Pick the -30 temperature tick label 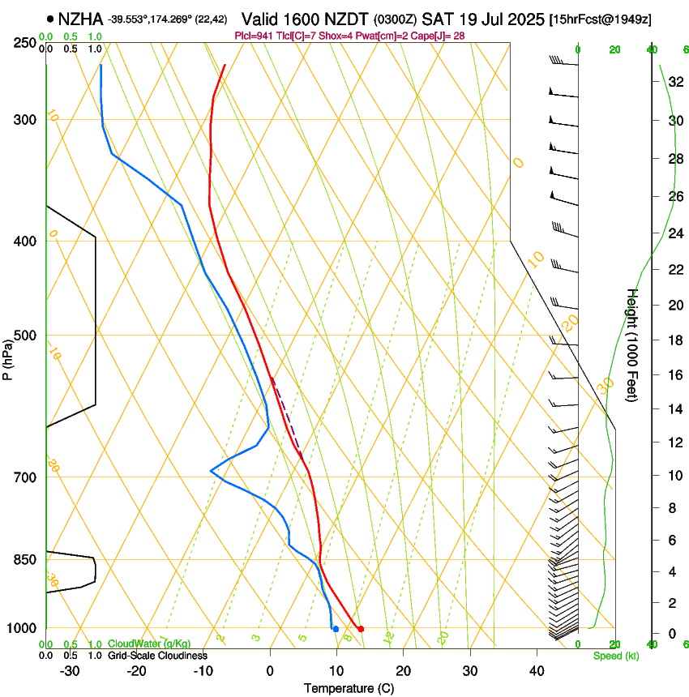[70, 671]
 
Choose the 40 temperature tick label [537, 671]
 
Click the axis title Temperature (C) [349, 688]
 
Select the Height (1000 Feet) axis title [632, 344]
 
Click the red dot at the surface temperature [361, 628]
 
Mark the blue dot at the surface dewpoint [336, 629]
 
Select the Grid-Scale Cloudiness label [157, 656]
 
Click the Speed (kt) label [616, 656]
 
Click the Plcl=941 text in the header [253, 36]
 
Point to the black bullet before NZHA [51, 19]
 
